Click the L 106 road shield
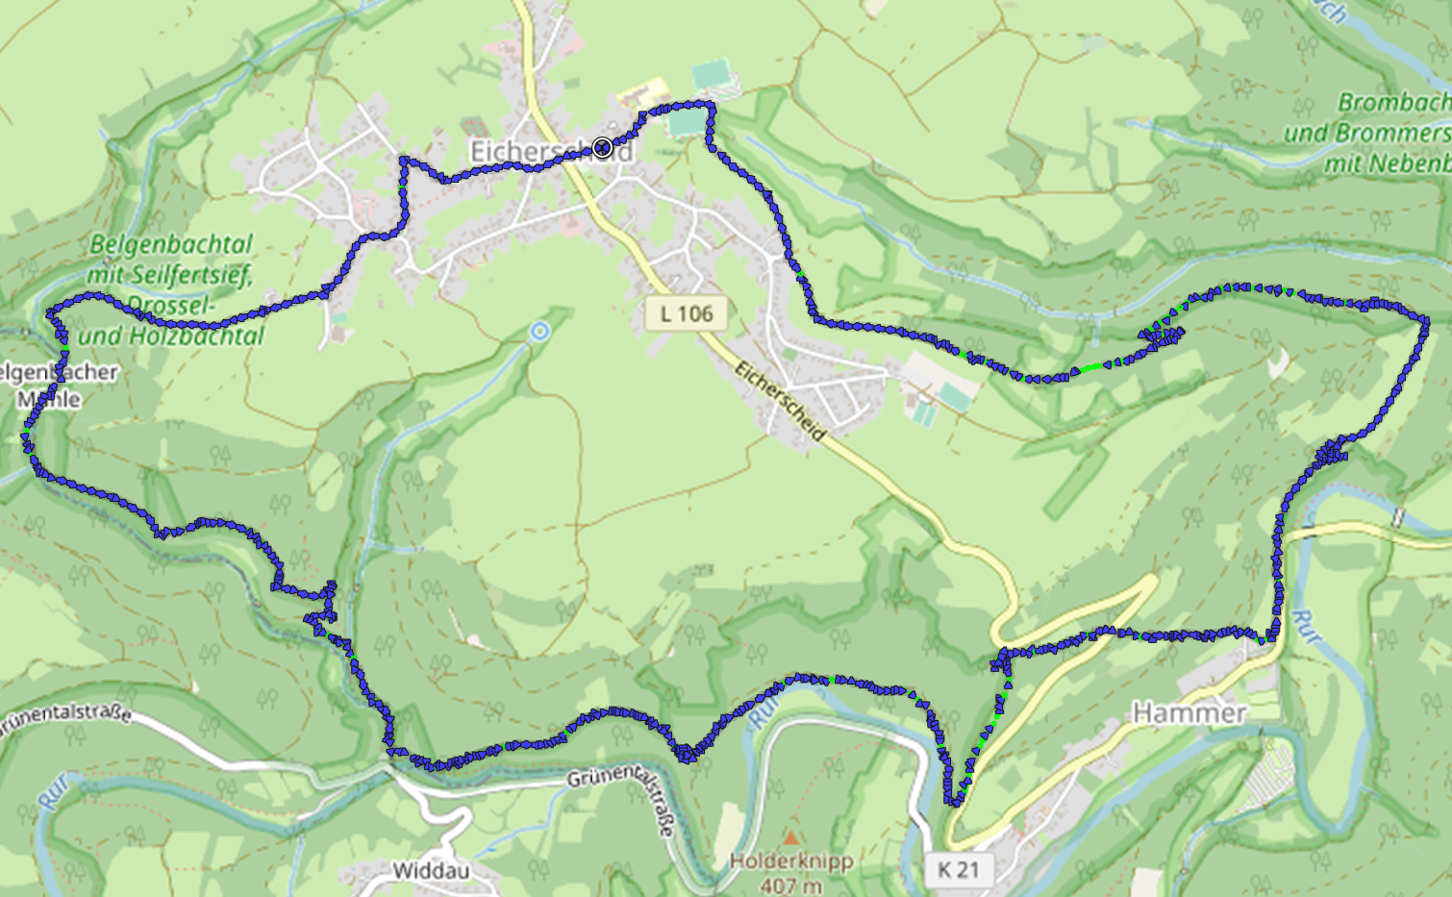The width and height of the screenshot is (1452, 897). coord(687,313)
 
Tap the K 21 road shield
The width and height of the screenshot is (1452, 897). coord(958,870)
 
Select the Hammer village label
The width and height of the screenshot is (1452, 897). coord(1189,712)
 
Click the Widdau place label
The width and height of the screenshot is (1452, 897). coord(431,871)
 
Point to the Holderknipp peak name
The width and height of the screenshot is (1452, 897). coord(791,861)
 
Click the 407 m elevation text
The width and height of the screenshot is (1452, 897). coord(791,885)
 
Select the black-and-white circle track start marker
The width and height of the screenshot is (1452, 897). coord(602,147)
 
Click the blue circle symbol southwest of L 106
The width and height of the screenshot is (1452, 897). coord(539,332)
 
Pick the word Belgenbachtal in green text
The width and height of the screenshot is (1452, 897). coord(171,244)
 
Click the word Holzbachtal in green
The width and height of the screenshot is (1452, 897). coord(204,336)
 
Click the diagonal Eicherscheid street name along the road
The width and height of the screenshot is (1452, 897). coord(780,401)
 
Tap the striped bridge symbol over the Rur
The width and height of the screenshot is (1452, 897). coord(1399,518)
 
